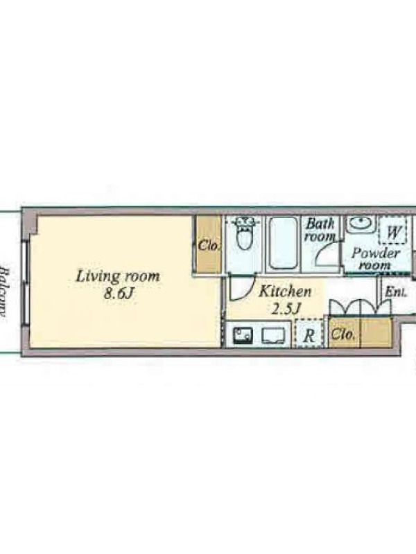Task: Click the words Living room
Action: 118,276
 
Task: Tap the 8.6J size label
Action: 119,293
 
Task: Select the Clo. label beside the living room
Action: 209,245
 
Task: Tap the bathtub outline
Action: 283,243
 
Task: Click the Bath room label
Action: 320,230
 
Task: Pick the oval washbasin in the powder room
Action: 361,224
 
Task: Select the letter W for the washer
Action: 394,232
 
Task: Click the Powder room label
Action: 376,258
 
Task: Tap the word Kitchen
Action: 285,292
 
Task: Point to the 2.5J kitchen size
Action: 286,309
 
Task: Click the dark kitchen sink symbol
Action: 243,335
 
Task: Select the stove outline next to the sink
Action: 273,336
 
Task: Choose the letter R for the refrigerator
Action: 309,336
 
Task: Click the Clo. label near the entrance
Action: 343,334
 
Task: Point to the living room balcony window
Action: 26,283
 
